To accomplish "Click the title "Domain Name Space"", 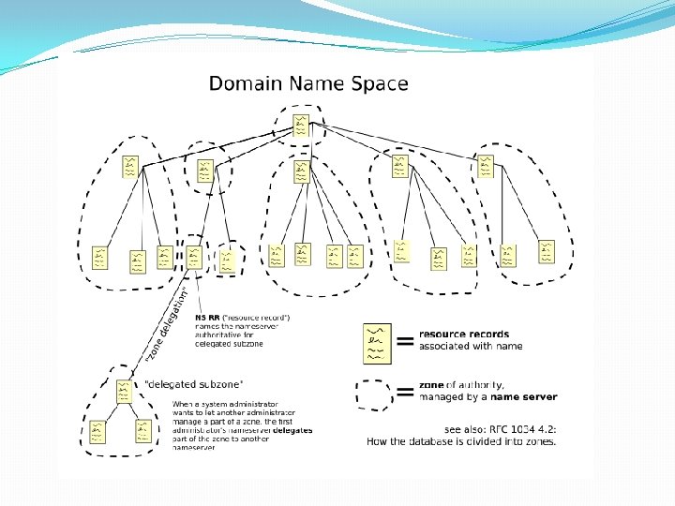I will pos(307,83).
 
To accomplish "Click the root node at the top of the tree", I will pos(300,126).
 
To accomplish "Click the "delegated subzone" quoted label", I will pos(194,383).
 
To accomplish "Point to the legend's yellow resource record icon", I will pos(378,343).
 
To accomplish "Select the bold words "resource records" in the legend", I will pos(464,335).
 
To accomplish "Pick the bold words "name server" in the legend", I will pos(526,397).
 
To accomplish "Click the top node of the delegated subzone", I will pos(125,390).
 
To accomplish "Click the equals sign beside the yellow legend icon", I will pos(405,342).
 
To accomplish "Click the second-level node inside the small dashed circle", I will pos(204,170).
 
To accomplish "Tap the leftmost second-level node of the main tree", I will pos(130,167).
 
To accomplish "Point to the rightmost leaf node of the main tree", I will pos(546,251).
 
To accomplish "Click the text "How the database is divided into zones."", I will pos(461,440).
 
